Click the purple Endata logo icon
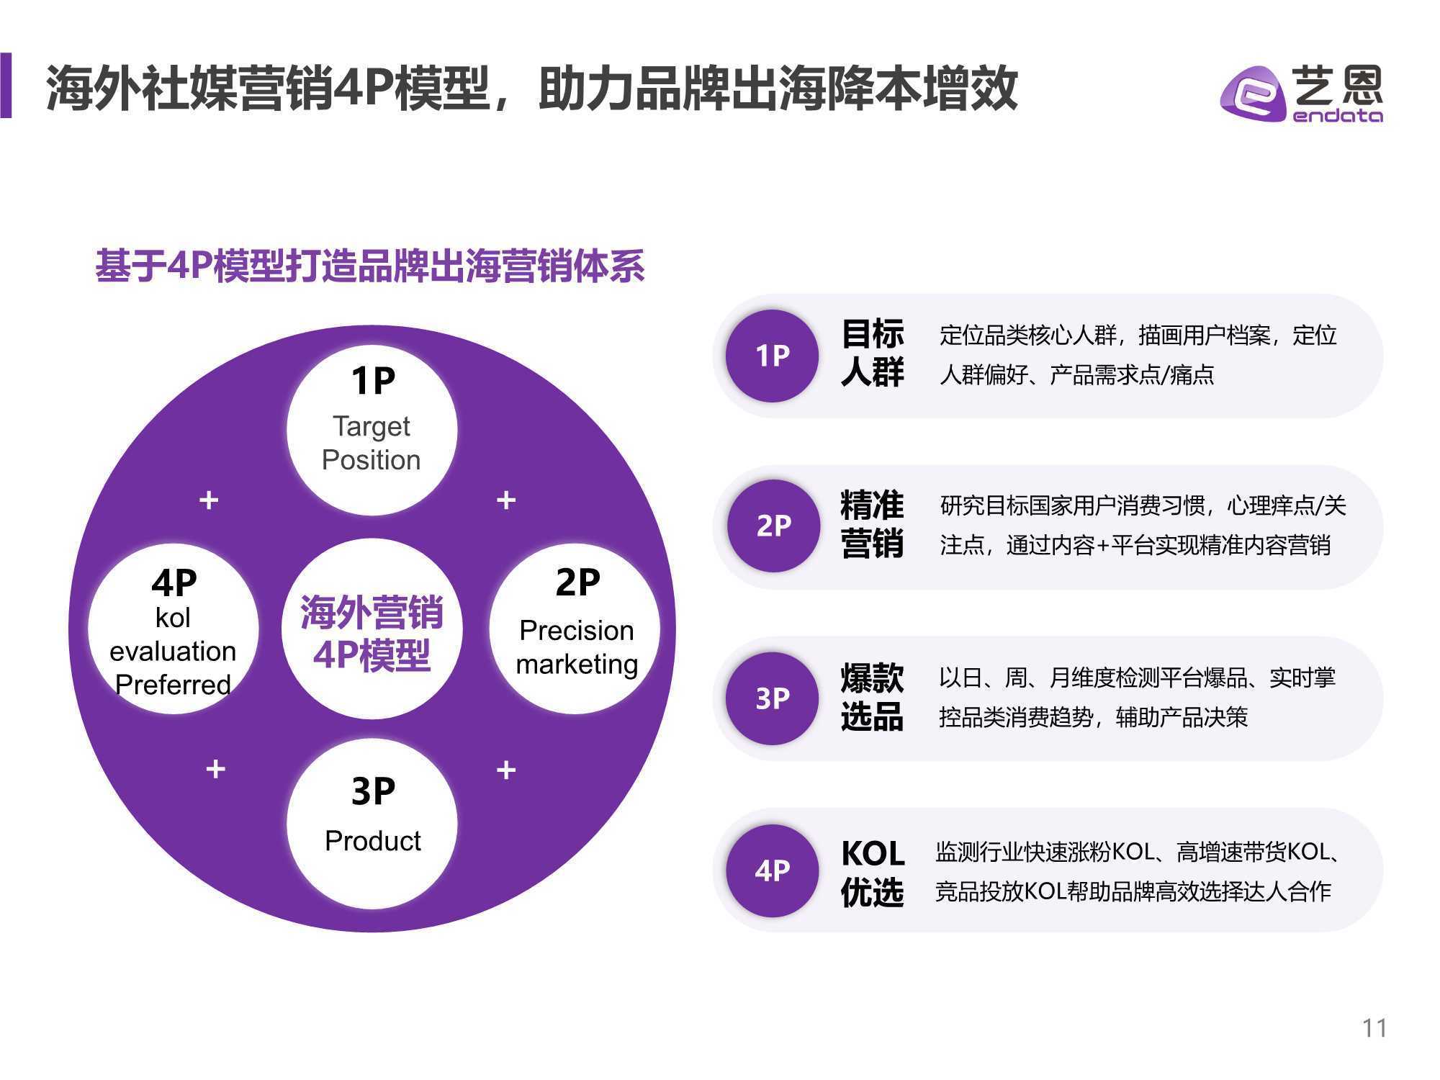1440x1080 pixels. (1254, 94)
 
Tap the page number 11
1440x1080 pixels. (1374, 1027)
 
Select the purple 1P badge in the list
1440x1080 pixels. (772, 356)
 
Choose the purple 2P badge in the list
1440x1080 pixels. (773, 526)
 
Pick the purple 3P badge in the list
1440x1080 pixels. (772, 698)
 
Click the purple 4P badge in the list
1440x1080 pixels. (772, 870)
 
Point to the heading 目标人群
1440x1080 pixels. (872, 354)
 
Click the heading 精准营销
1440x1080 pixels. (872, 524)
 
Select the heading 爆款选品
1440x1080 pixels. (872, 697)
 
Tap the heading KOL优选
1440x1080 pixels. (873, 873)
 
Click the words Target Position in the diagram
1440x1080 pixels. (372, 444)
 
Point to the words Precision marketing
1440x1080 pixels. (577, 647)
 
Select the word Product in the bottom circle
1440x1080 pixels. (373, 841)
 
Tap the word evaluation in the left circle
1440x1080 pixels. (173, 651)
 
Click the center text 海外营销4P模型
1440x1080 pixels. (372, 634)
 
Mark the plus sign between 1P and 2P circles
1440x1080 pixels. (506, 500)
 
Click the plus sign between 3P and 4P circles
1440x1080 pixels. (215, 769)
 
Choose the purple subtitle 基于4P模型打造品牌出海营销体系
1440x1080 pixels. (370, 266)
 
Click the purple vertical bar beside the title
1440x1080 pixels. (6, 85)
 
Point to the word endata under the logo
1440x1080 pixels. (1338, 115)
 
